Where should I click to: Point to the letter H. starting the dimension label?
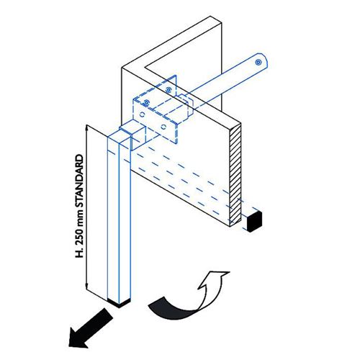79,253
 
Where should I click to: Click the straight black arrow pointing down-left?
90,328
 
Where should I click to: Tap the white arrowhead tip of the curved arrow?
230,272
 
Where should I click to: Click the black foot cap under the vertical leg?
120,302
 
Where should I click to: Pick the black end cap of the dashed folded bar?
254,221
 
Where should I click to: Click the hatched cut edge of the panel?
235,175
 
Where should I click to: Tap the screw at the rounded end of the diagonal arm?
258,63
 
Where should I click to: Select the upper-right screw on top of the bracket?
168,90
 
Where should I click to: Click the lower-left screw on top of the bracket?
146,102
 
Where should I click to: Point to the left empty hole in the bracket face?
142,114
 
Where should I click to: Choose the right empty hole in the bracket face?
163,127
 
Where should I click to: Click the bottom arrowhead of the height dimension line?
86,287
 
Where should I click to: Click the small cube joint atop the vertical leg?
132,135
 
